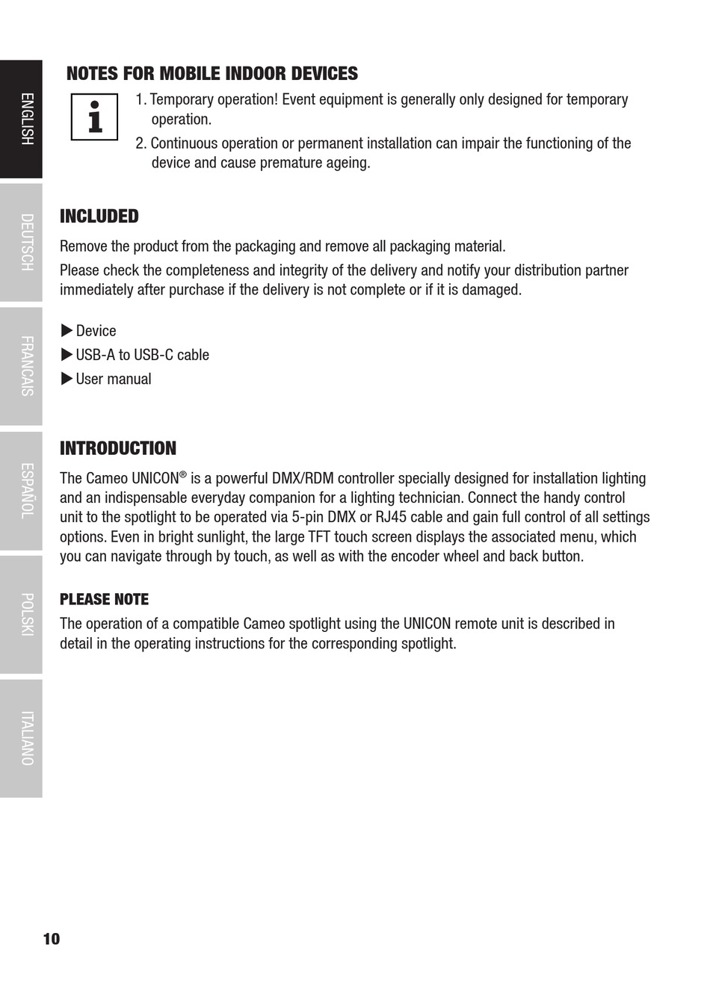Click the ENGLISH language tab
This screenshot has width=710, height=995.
coord(21,120)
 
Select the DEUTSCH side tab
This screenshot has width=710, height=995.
coord(21,243)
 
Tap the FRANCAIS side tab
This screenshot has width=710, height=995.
coord(21,366)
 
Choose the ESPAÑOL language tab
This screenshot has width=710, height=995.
coord(21,491)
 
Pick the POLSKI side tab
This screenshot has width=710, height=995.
coord(21,615)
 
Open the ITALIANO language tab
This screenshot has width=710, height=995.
coord(21,738)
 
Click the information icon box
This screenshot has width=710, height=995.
coord(95,117)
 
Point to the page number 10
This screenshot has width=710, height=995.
coord(52,939)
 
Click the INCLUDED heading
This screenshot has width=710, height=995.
coord(99,217)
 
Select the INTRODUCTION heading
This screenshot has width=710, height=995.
coord(118,449)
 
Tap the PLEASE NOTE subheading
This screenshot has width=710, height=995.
coord(104,600)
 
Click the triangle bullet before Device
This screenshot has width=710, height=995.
coord(67,331)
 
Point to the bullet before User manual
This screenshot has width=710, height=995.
coord(67,379)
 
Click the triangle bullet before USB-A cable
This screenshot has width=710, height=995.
coord(67,355)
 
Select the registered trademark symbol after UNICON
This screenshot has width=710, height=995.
coord(182,474)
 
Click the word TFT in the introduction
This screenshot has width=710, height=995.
coord(319,537)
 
